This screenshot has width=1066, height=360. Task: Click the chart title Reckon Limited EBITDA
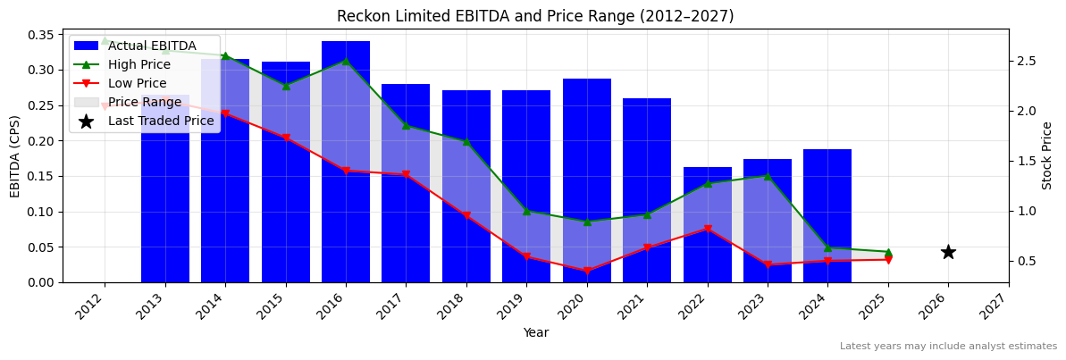(535, 16)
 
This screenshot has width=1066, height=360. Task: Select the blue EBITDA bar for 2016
(346, 161)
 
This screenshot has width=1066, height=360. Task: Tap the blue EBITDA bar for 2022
(708, 224)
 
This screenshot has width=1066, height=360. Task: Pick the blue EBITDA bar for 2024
(827, 215)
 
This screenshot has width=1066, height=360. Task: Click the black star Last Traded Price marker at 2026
(948, 252)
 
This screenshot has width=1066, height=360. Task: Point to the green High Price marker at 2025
(888, 252)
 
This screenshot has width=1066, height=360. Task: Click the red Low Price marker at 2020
(587, 271)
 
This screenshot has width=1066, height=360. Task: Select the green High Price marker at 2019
(526, 211)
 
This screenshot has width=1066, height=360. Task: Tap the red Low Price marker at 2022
(708, 229)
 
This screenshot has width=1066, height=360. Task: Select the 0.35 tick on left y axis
(39, 35)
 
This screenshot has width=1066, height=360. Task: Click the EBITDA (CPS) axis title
(15, 155)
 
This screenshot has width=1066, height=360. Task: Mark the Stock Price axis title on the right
(1047, 155)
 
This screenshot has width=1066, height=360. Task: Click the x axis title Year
(535, 332)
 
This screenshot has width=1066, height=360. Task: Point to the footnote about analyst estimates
(948, 347)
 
